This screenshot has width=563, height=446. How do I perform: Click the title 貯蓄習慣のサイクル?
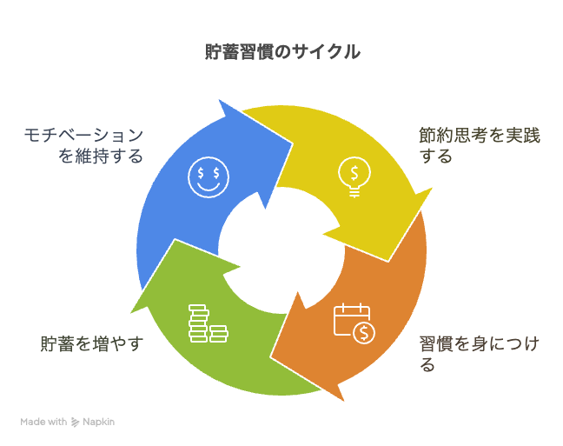pos(282,52)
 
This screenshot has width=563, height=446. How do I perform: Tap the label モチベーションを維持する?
pos(83,146)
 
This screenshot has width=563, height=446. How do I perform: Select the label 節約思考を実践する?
pos(480,146)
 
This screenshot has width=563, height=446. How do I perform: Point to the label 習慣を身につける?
pos(480,354)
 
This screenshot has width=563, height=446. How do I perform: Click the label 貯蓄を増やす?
pos(92,344)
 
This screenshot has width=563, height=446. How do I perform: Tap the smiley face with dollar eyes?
pos(209,177)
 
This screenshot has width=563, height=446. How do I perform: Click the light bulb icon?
pos(354,177)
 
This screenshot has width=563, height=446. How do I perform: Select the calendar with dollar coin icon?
pos(354,323)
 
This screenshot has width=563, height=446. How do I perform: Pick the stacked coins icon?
pos(209,323)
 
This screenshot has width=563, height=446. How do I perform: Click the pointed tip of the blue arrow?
pos(293,143)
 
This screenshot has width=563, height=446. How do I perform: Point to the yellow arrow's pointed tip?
pos(387,262)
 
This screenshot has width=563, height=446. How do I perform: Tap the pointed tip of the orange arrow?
pos(270,357)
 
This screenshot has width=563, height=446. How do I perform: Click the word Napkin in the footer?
pos(99,422)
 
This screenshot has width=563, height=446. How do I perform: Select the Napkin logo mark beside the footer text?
pos(75,422)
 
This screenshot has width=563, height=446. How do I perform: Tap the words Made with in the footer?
pos(43,422)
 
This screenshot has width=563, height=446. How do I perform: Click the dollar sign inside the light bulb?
pos(354,173)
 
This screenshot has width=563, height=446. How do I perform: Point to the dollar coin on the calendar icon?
pos(364,333)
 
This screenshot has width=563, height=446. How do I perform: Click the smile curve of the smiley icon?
pos(209,187)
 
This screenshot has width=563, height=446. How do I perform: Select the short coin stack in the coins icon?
pos(219,334)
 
